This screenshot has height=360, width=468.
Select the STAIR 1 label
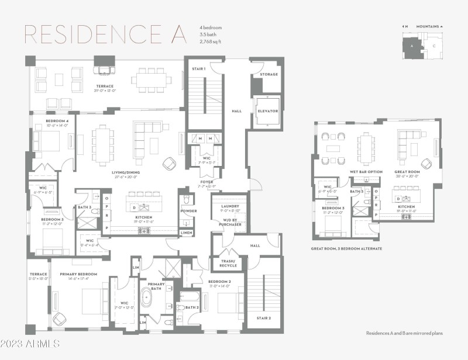(198, 69)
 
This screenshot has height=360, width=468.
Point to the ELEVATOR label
(267, 110)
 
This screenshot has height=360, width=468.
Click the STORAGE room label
(269, 74)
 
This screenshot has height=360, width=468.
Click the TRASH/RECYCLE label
(228, 263)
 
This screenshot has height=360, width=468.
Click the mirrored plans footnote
(404, 333)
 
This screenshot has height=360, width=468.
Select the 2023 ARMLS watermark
(30, 343)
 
